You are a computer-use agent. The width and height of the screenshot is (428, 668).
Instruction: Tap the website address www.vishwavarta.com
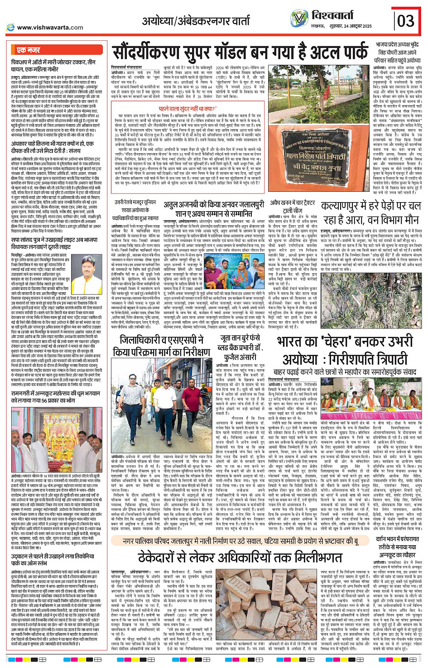pyautogui.click(x=50, y=27)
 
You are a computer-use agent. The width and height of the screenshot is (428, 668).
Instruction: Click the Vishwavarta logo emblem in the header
pyautogui.click(x=299, y=18)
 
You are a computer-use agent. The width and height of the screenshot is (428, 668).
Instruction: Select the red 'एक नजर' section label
pyautogui.click(x=29, y=50)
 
